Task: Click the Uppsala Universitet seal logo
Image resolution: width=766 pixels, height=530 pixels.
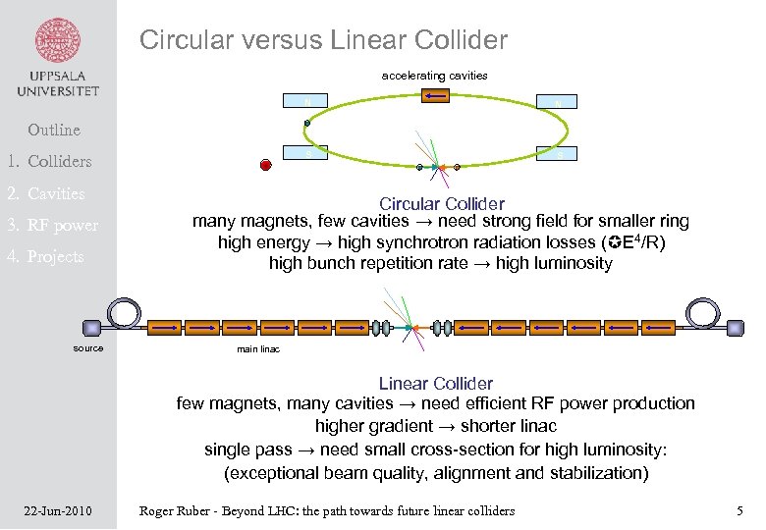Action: click(x=58, y=42)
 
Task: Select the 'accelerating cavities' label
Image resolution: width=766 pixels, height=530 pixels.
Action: click(x=434, y=76)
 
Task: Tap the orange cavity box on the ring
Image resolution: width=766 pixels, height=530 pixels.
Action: click(x=435, y=96)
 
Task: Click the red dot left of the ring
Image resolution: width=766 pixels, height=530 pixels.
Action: click(x=265, y=164)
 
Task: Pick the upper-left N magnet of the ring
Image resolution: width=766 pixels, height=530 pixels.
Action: click(x=308, y=101)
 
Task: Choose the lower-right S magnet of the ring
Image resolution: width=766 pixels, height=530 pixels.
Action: click(x=558, y=153)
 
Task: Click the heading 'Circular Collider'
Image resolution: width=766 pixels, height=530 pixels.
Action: click(x=441, y=204)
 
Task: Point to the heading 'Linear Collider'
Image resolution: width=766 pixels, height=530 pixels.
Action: click(x=435, y=383)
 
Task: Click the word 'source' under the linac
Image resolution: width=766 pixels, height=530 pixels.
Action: click(x=88, y=348)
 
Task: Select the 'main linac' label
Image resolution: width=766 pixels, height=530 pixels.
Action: click(x=258, y=349)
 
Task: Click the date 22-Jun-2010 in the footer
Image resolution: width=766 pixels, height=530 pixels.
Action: click(x=58, y=510)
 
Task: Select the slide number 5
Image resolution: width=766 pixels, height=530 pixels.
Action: click(x=739, y=510)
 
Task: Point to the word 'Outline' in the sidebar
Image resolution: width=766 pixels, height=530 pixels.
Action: click(x=54, y=130)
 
